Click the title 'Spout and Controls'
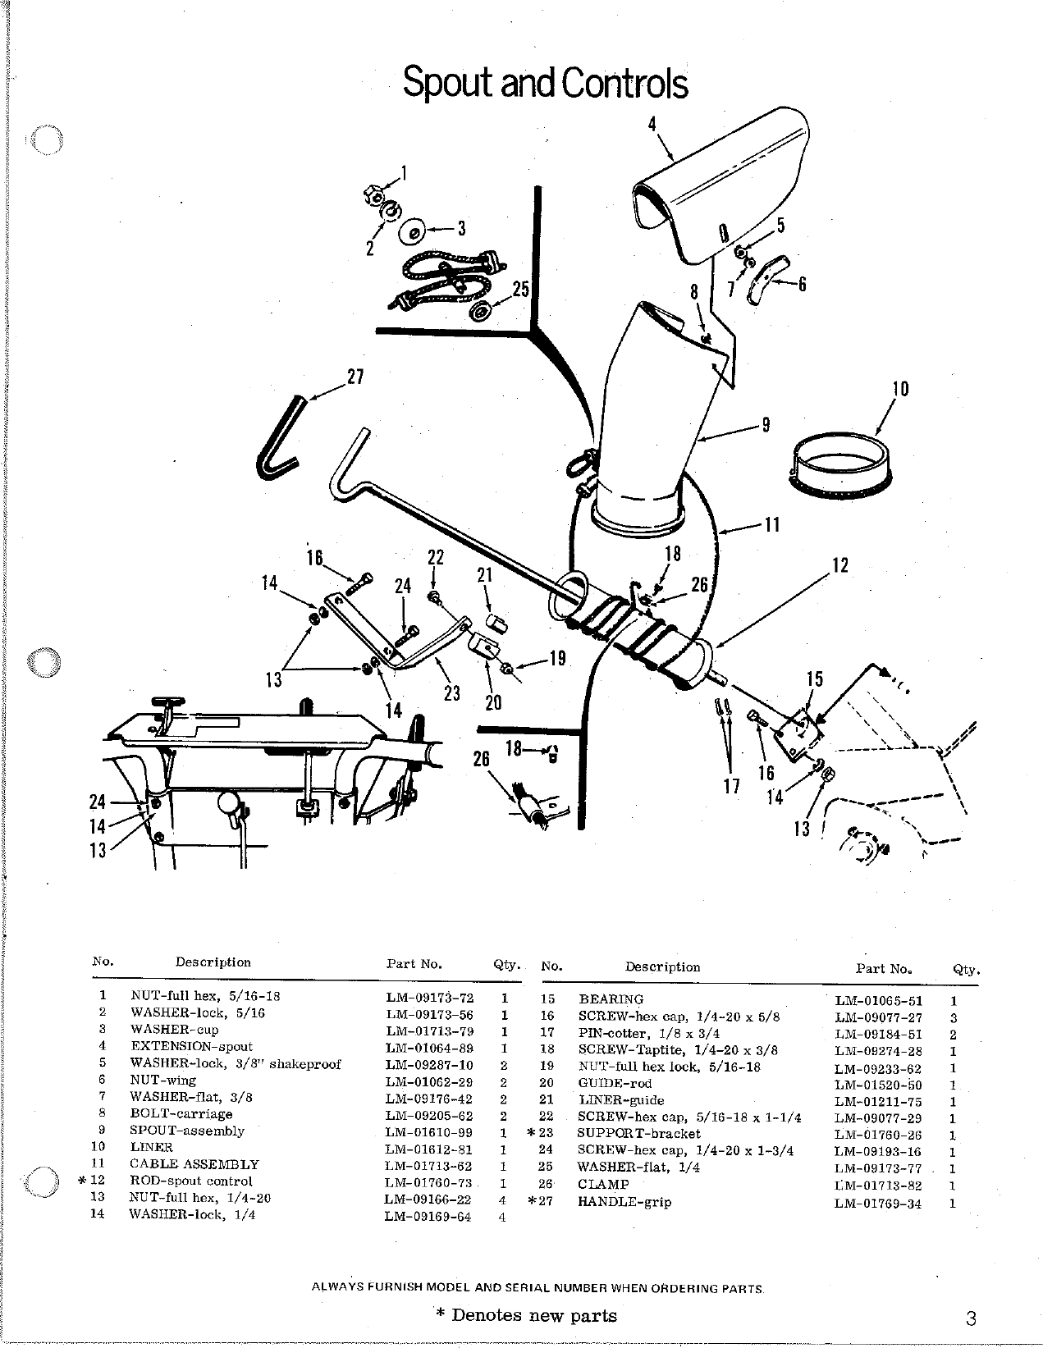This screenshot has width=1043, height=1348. click(545, 83)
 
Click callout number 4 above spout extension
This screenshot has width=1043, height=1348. click(652, 125)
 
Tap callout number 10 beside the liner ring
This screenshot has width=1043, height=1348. click(900, 388)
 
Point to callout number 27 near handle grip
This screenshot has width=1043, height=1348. click(355, 377)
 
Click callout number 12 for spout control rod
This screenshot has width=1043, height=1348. click(839, 565)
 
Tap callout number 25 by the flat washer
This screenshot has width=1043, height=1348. click(521, 289)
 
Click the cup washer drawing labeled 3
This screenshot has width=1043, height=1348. click(413, 231)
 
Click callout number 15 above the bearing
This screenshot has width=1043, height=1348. click(815, 679)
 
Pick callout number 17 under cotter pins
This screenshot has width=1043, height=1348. click(731, 786)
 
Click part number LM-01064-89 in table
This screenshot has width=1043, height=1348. click(429, 1047)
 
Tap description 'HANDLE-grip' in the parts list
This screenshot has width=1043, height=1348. click(624, 1202)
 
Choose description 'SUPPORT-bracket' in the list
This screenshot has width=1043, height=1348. click(639, 1134)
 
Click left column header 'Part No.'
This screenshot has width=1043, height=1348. click(414, 964)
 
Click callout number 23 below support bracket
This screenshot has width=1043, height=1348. click(452, 692)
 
